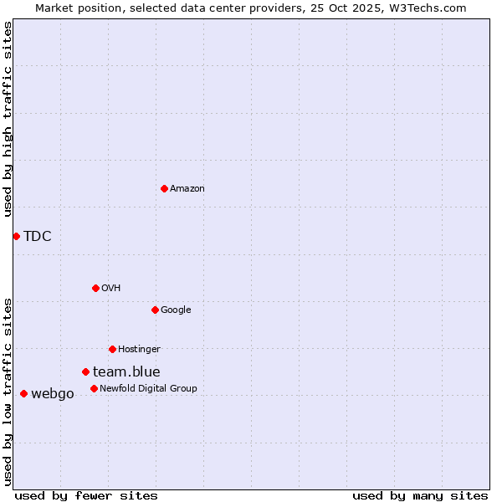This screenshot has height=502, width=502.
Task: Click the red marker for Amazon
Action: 164,188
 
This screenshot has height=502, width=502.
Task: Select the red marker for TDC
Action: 16,236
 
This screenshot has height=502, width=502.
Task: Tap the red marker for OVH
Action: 95,288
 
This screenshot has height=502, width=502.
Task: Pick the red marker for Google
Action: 155,310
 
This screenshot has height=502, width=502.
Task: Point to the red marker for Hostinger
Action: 112,349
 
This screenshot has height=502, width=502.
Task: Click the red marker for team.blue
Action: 85,371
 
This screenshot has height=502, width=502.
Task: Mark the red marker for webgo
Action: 23,393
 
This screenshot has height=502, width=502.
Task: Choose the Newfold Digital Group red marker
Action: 94,388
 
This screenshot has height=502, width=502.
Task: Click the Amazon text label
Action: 187,188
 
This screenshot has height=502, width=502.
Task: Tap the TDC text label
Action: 38,236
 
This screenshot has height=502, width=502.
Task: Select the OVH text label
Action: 111,288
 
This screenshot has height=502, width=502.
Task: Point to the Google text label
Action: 176,310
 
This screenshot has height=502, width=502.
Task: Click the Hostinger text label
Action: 139,349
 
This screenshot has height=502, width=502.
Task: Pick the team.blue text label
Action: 126,371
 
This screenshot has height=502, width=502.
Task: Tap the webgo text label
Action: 53,393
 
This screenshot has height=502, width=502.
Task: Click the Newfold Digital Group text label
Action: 148,388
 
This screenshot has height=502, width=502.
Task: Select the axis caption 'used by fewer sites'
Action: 86,495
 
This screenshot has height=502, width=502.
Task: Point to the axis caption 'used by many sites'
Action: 420,495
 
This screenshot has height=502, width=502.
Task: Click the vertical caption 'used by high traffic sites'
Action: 8,119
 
